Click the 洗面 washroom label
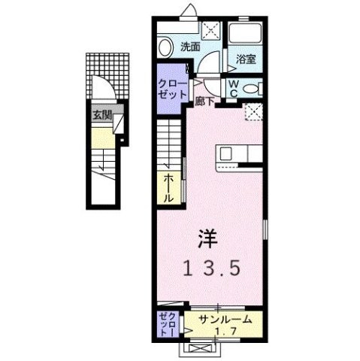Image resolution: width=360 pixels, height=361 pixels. [x=189, y=47]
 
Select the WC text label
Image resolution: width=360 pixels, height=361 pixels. [x=233, y=86]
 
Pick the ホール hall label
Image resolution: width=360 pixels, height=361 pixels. [x=169, y=187]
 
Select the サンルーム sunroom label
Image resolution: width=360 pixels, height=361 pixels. [x=220, y=320]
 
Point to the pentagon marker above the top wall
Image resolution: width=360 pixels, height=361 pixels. [x=186, y=9]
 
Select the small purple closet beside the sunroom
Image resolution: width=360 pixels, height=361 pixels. [x=167, y=323]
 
